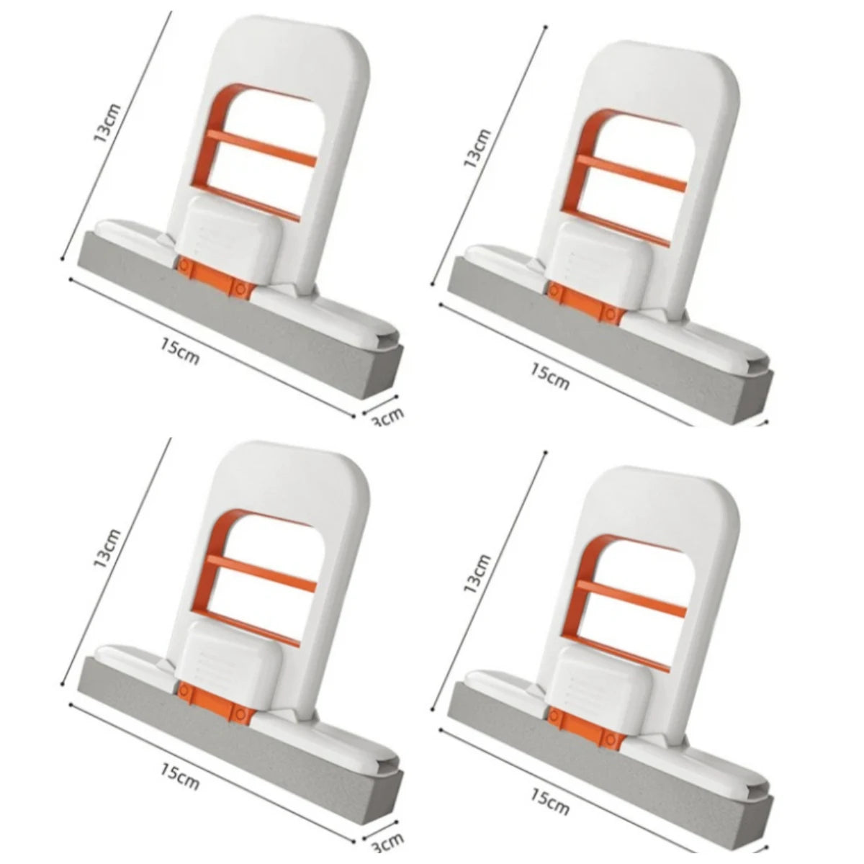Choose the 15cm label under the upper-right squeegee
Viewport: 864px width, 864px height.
[x=549, y=376]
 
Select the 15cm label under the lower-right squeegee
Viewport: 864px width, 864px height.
[x=549, y=801]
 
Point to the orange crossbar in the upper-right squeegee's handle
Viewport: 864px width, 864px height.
[x=631, y=174]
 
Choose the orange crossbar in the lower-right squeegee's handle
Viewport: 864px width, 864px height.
[x=631, y=599]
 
